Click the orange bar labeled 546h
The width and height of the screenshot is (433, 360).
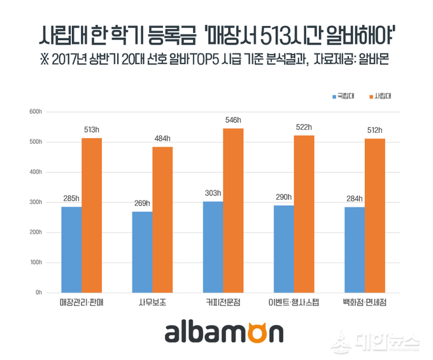tap(233, 210)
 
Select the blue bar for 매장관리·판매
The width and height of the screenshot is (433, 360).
tap(71, 249)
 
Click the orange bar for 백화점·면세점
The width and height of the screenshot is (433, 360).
tap(374, 215)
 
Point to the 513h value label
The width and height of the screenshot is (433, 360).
tap(92, 130)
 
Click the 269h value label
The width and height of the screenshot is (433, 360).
tap(142, 204)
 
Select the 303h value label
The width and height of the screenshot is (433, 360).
tap(213, 193)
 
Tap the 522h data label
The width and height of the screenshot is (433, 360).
tap(304, 127)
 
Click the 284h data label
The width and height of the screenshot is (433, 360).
tap(354, 198)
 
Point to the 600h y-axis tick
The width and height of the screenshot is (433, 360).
tap(36, 112)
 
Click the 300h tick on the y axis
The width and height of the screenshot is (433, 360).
tap(36, 202)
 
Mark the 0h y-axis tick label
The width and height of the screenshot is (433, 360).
tap(38, 293)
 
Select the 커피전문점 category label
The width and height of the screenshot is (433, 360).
tap(223, 304)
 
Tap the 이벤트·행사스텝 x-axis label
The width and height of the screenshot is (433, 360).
tap(294, 304)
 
